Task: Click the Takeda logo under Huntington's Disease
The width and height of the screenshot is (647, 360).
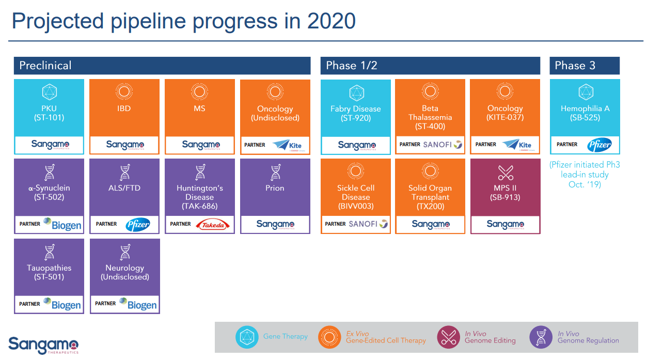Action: [x=213, y=225]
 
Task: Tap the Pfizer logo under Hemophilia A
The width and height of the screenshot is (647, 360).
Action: [x=599, y=145]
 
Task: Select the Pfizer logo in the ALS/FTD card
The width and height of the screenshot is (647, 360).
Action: [x=138, y=225]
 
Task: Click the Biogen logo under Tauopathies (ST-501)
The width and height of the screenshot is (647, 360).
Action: [x=62, y=304]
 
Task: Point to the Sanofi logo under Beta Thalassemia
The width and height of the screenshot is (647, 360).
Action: [x=443, y=144]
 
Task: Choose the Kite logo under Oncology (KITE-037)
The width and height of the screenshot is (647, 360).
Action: [x=518, y=145]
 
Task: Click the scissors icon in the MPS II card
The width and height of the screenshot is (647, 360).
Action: [x=505, y=173]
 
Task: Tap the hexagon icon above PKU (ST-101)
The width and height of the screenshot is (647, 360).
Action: [x=50, y=92]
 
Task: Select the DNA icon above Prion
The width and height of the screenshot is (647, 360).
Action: [x=275, y=171]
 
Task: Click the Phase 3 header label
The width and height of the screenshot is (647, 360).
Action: [x=575, y=66]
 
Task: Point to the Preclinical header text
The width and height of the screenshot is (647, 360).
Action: [x=45, y=66]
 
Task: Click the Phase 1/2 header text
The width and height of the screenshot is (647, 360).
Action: [x=352, y=66]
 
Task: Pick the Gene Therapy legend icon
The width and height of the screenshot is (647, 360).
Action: [x=247, y=337]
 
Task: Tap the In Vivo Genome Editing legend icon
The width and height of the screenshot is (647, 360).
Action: [x=448, y=337]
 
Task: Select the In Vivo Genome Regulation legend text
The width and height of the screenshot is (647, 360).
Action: [x=588, y=337]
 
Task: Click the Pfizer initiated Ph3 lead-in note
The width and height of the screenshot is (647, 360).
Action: [x=585, y=175]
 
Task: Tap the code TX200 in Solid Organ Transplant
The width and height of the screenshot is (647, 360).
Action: [x=430, y=206]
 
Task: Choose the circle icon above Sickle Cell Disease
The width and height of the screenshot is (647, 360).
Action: [x=356, y=171]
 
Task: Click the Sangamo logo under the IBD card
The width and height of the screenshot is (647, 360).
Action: [x=125, y=145]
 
